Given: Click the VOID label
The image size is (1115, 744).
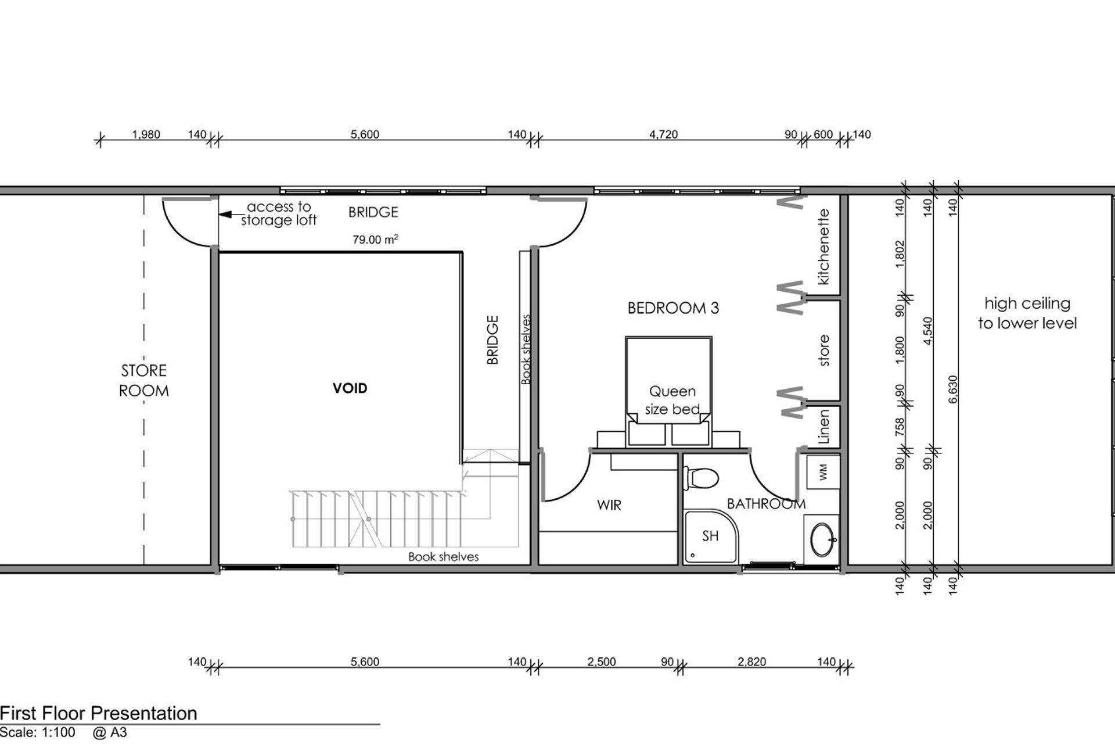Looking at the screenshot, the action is coord(350,388).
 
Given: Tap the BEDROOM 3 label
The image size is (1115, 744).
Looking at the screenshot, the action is coord(673,308).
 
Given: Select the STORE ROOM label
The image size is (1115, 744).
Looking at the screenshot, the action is coord(144,381).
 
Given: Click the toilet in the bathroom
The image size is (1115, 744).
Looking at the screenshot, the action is coord(700,478).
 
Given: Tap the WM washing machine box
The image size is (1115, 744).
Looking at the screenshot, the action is coord(823,473).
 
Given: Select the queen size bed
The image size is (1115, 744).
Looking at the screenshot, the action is coord(668,391).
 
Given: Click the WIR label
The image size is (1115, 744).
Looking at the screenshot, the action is coord(609,505).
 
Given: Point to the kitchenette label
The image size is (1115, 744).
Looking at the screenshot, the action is coord(823,247).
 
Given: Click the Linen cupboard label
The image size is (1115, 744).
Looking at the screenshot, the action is coord(823,427).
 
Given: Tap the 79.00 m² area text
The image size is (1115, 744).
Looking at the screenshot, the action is coord(375,239).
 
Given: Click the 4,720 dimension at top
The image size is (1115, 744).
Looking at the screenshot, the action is coord(663,134).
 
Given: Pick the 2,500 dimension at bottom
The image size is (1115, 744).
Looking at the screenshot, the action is coord(602,661).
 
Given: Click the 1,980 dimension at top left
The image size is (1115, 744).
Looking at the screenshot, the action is coord(146,134).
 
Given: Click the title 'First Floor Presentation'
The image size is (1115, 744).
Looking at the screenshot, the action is coord(99,713).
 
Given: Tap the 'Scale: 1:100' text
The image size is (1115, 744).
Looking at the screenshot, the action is coord(38,732).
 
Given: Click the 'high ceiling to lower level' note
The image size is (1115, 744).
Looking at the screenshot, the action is coord(1027,313).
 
